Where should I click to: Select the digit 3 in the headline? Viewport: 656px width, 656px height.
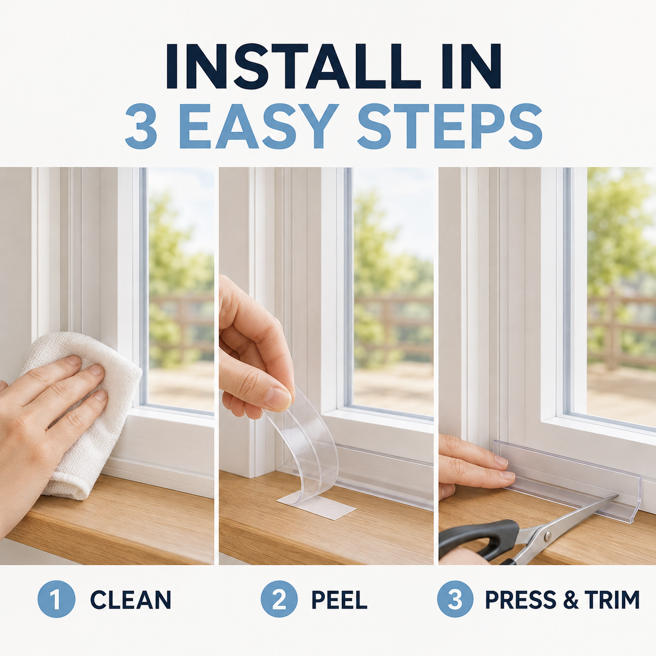coord(141,127)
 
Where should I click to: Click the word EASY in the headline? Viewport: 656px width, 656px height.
coord(259,127)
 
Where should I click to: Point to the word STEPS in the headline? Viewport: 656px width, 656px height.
coord(449,127)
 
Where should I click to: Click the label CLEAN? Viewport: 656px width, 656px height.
coord(130,600)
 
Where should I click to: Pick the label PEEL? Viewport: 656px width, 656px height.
coord(339,600)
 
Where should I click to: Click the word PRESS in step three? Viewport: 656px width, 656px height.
coord(521,600)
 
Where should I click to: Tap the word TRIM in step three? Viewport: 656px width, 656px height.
coord(611,600)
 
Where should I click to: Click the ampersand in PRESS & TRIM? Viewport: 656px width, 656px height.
coord(570,600)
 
